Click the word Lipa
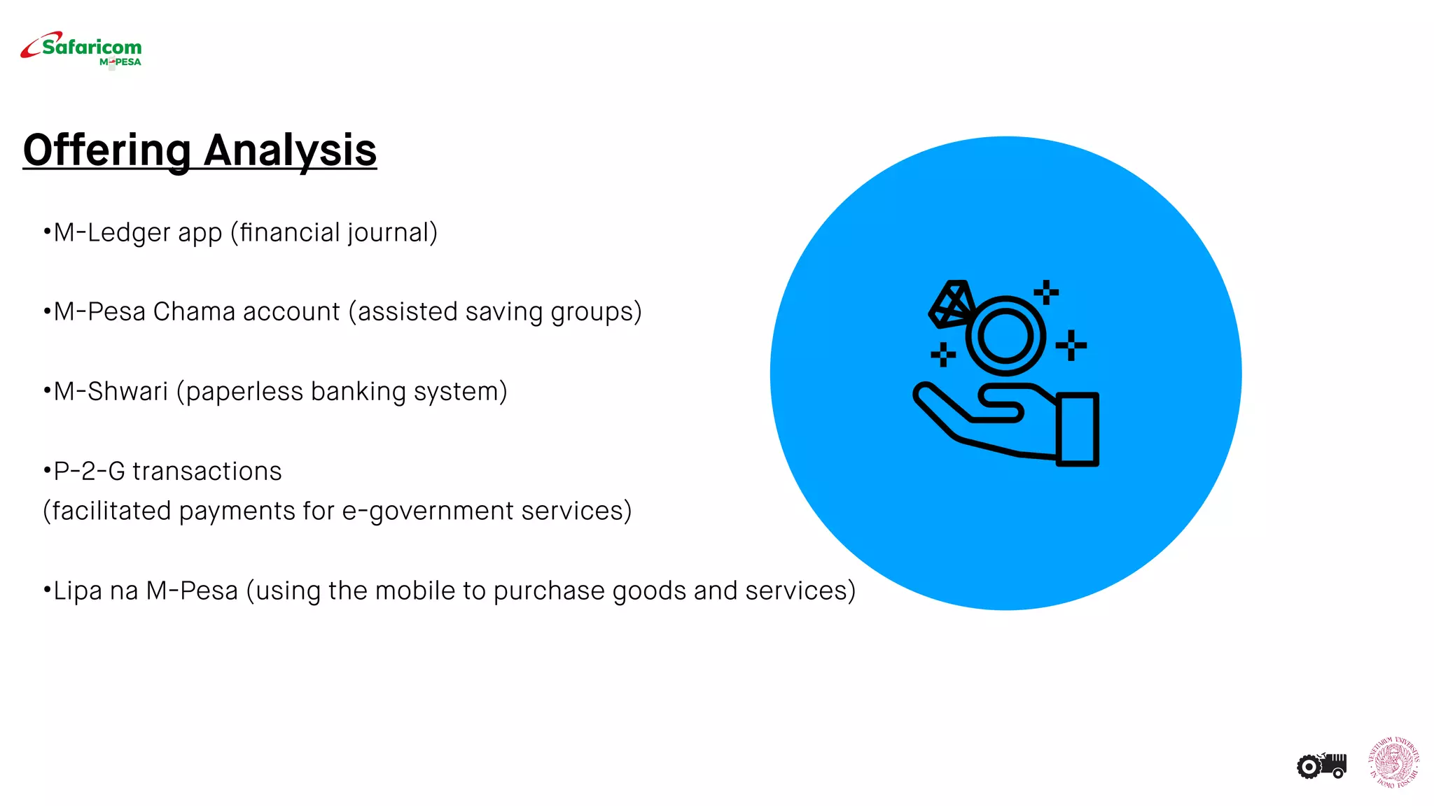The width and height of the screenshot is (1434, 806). [78, 591]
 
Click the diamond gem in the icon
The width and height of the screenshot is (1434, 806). [951, 304]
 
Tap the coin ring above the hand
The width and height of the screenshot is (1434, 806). [1005, 337]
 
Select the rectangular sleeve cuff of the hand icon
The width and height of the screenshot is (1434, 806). [1077, 429]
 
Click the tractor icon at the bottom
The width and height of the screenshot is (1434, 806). [1322, 765]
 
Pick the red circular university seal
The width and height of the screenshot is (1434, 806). [1394, 762]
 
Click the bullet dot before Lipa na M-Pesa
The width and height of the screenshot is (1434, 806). [47, 590]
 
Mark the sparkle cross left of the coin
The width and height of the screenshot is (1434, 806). [943, 354]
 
